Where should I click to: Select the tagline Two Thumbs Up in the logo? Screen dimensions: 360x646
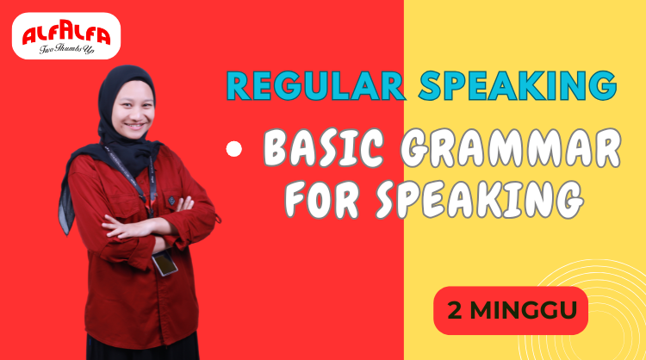tap(67, 49)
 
